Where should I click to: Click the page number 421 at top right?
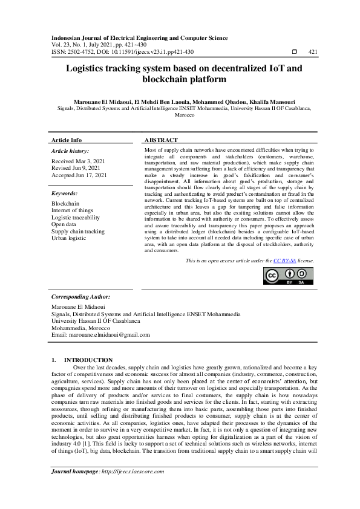click(x=313, y=52)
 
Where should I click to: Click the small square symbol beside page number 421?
click(x=294, y=52)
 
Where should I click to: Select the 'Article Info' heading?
click(x=67, y=140)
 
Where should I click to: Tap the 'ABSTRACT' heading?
click(x=161, y=140)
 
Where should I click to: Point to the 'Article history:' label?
click(x=70, y=151)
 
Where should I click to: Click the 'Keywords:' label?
click(x=64, y=193)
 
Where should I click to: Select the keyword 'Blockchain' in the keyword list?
click(x=65, y=204)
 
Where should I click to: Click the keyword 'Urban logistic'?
click(x=69, y=238)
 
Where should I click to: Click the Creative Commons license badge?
click(x=288, y=275)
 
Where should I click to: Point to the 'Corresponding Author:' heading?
click(x=80, y=297)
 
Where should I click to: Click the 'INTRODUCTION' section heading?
click(x=88, y=360)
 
